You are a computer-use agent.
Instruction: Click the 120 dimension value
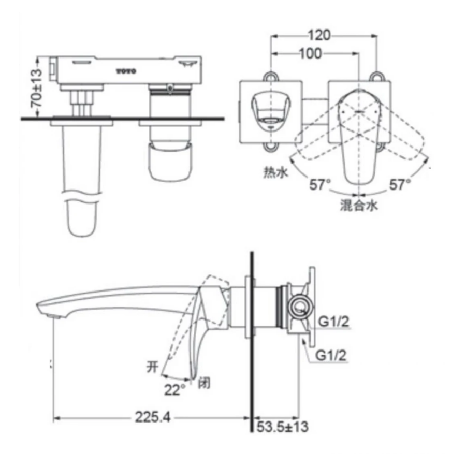pyautogui.click(x=319, y=35)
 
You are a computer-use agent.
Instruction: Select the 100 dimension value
pyautogui.click(x=311, y=54)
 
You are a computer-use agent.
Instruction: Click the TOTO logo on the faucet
pyautogui.click(x=126, y=71)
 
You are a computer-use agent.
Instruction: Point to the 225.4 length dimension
pyautogui.click(x=153, y=417)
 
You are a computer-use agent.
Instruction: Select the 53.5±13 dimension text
pyautogui.click(x=282, y=427)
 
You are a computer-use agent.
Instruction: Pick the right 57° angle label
pyautogui.click(x=400, y=184)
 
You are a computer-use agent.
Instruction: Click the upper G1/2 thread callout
pyautogui.click(x=334, y=322)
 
